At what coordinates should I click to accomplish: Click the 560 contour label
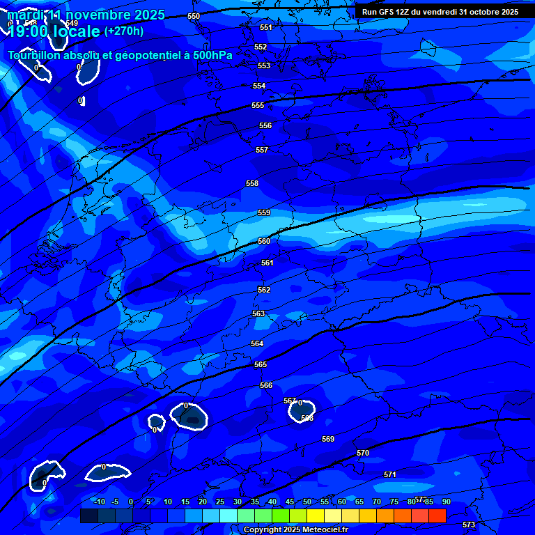tap(264, 241)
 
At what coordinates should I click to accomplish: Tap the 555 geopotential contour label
tap(258, 105)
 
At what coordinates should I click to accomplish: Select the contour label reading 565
tap(261, 364)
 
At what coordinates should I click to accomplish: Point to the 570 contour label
tap(363, 453)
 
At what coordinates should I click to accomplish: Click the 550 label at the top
tap(194, 16)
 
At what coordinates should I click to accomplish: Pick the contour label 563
tap(258, 314)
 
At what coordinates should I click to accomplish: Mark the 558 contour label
tap(252, 183)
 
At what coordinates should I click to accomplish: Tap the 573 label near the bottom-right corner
tap(469, 525)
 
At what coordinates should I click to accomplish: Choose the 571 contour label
tap(390, 474)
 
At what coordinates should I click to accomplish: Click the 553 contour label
tap(264, 65)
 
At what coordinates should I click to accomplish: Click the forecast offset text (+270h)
tap(124, 31)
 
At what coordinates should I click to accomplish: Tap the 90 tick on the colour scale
tap(446, 502)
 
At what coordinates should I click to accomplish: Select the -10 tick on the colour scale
tap(98, 502)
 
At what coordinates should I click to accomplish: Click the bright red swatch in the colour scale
tap(437, 515)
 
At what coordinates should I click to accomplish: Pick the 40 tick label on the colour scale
tap(272, 502)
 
